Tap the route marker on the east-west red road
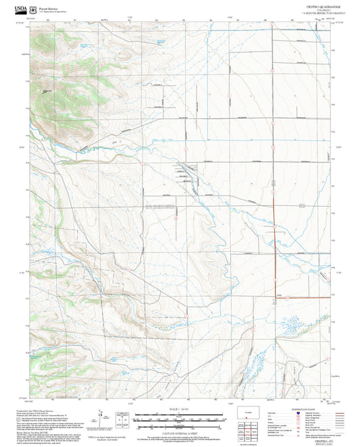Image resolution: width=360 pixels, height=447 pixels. [x=287, y=297]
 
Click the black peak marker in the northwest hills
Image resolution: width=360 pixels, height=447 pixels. [x=45, y=92]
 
